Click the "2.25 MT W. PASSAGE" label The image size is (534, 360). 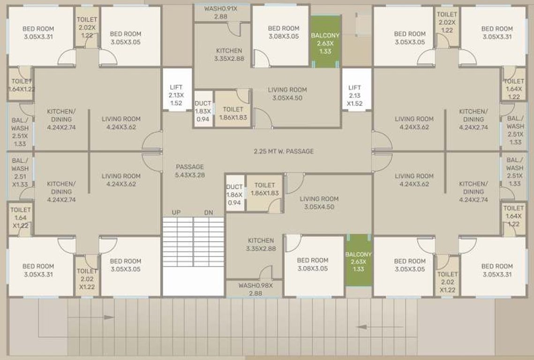point(284,151)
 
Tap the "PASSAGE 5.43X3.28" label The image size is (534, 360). point(190,171)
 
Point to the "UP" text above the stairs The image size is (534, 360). point(176,213)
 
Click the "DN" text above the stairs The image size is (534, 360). point(209,213)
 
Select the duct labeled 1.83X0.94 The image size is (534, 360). point(203,111)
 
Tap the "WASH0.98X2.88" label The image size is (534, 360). point(255,289)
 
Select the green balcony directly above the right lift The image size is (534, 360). point(325,42)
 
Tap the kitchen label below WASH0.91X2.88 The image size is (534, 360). point(229,54)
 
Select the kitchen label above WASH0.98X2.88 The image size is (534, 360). point(261,244)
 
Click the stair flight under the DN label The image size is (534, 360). point(209,242)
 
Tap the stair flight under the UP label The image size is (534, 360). point(177,242)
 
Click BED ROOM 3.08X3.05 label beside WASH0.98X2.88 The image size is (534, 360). point(312,264)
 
